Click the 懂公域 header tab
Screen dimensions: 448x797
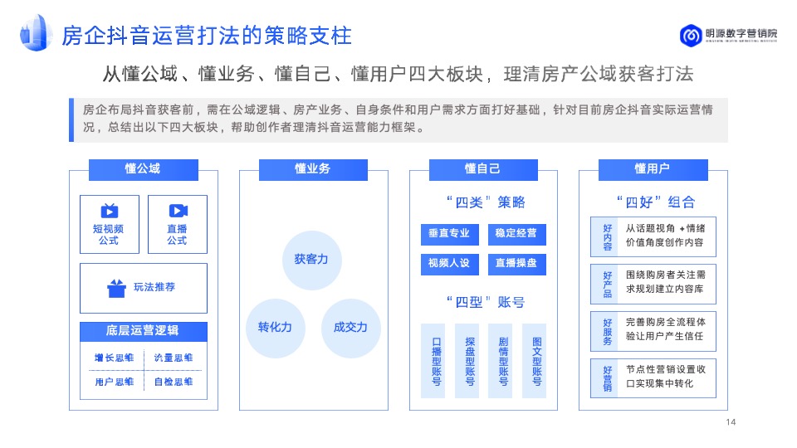(x=142, y=169)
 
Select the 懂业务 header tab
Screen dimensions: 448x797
(x=312, y=169)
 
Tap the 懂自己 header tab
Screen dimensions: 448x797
(x=482, y=169)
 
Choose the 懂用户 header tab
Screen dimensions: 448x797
(x=652, y=169)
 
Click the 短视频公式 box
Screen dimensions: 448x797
(x=109, y=224)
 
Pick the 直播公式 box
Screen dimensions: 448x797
(x=177, y=224)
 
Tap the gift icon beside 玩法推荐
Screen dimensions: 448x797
(x=116, y=288)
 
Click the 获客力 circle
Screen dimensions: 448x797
(x=311, y=260)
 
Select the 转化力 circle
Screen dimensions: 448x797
(x=275, y=328)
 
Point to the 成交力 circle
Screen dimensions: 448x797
(x=350, y=328)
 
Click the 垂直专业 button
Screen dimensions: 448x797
(x=449, y=234)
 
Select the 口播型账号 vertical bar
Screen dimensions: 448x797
(x=437, y=361)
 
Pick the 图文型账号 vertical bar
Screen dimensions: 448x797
(x=536, y=361)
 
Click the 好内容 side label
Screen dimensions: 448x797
(x=608, y=236)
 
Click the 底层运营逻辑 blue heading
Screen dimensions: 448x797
(x=142, y=331)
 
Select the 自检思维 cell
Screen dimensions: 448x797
(x=174, y=382)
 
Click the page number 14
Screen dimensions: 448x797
(x=731, y=422)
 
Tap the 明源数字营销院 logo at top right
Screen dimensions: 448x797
(x=729, y=35)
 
